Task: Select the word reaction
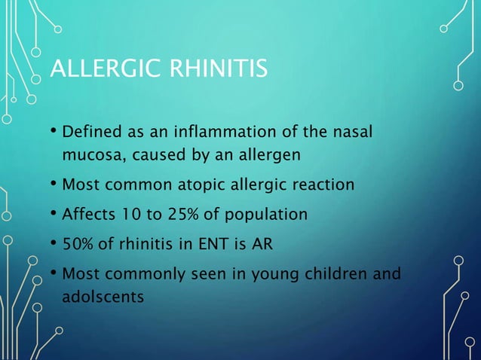[x=320, y=185]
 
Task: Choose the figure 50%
[x=78, y=245]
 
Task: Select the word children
[x=339, y=275]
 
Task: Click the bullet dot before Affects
[x=54, y=214]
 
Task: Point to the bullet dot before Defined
[x=54, y=134]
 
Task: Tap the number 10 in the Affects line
[x=137, y=215]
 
